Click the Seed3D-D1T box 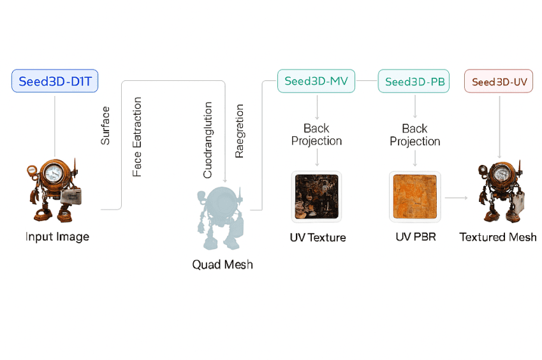point(55,81)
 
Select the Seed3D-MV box point(316,81)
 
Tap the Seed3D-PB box point(414,82)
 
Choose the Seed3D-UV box point(498,82)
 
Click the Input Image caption point(57,237)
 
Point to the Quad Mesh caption point(223,264)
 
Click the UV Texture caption point(317,238)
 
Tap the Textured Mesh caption point(498,237)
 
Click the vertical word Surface point(106,126)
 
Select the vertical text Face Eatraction point(138,137)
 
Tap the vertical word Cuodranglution point(208,136)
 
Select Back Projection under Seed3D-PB point(414,135)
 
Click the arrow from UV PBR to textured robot point(457,198)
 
